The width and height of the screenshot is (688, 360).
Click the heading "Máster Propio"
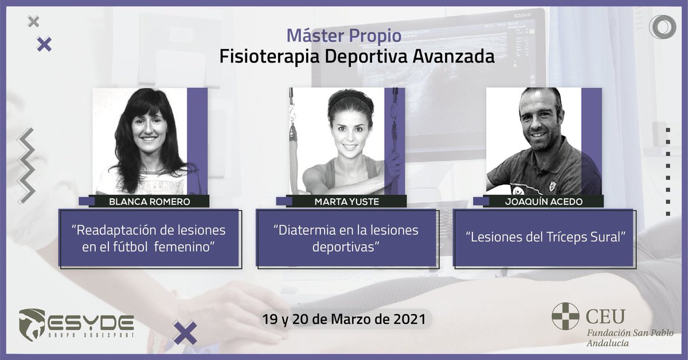click(343, 36)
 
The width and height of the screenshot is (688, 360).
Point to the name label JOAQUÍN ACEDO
click(542, 201)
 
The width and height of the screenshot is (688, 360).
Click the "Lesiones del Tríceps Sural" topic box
click(543, 238)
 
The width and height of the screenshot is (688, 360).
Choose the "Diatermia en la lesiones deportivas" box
click(346, 238)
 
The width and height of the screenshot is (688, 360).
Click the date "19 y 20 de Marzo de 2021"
click(343, 318)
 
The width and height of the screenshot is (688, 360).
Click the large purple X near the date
click(185, 333)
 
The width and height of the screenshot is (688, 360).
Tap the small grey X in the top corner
click(34, 22)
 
